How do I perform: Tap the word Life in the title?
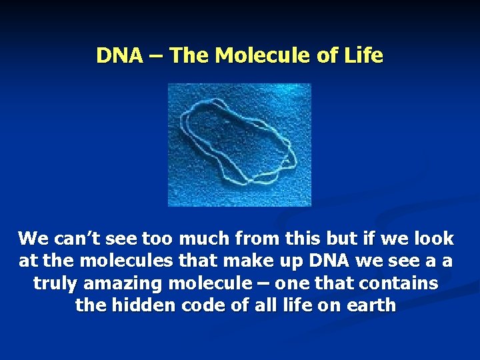(365, 55)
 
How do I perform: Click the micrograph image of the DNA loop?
(239, 145)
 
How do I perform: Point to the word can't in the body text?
(72, 239)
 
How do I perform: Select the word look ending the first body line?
(431, 239)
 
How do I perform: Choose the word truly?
(56, 284)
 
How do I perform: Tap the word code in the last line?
(193, 307)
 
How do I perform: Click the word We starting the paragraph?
(31, 239)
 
